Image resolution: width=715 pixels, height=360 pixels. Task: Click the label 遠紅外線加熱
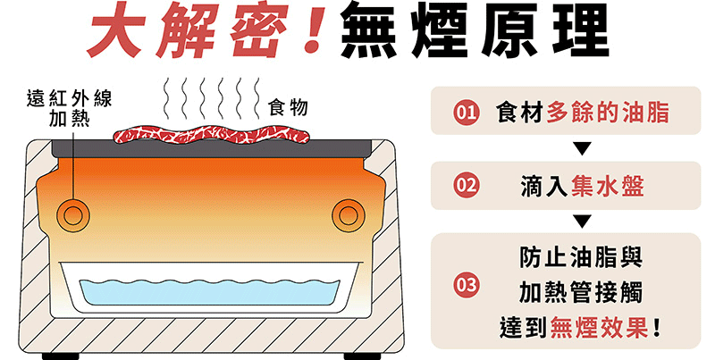[x=69, y=109]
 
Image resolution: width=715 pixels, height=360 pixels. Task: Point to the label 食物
[x=288, y=108]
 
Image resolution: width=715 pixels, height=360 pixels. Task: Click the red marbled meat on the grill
[x=211, y=136]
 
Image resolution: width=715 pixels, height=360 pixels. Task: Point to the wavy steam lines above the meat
[x=211, y=100]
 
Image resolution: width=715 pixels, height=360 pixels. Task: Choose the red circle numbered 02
[x=465, y=186]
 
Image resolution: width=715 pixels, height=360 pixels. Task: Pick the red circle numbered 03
[x=465, y=287]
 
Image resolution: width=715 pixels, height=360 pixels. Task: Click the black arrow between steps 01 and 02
[x=583, y=148]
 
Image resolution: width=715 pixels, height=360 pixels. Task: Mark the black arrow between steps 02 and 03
[x=583, y=221]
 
